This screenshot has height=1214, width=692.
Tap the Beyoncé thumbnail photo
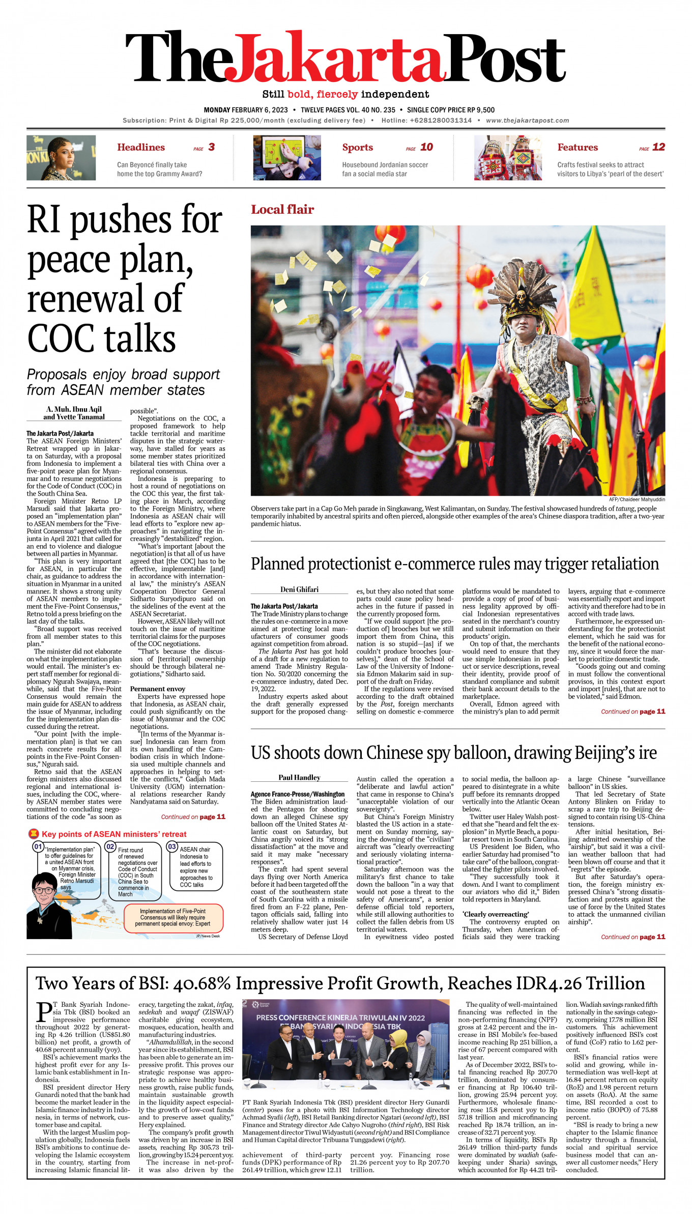[x=61, y=158]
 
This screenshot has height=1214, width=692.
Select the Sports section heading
[x=357, y=148]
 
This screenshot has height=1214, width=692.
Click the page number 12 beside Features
[x=658, y=147]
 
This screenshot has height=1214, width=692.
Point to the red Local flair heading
[x=282, y=209]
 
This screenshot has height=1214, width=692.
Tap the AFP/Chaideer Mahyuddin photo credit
[x=637, y=499]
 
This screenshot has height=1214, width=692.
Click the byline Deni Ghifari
[x=299, y=589]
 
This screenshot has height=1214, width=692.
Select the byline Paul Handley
[x=299, y=777]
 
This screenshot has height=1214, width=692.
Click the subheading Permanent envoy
[x=157, y=689]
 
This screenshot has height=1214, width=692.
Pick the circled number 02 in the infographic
[x=110, y=846]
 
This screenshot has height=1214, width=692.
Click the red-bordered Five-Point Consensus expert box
[x=172, y=917]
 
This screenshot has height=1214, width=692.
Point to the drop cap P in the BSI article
[x=44, y=1012]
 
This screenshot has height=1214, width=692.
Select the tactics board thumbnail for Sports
[x=287, y=158]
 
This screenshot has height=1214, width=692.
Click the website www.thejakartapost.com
[x=527, y=121]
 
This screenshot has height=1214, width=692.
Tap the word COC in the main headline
[x=62, y=338]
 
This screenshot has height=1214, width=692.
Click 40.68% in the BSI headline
[x=202, y=983]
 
